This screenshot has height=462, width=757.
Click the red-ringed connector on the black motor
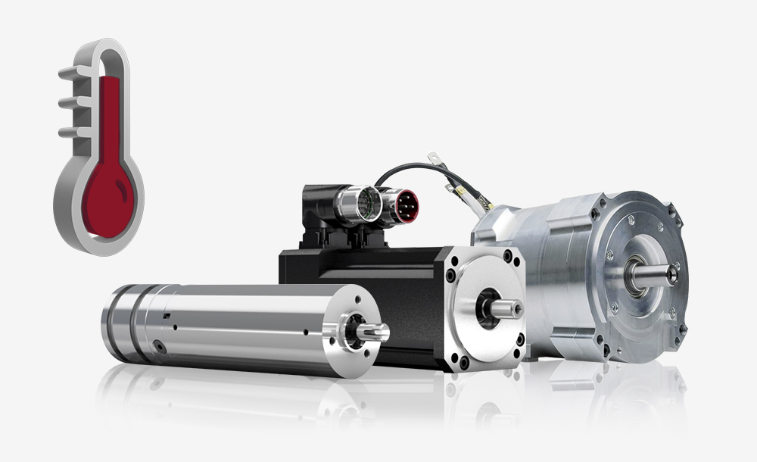[x=399, y=206]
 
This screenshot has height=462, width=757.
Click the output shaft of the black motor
[x=506, y=308]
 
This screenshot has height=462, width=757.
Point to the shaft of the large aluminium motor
[x=653, y=274]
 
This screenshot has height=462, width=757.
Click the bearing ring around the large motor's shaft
[x=634, y=274]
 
